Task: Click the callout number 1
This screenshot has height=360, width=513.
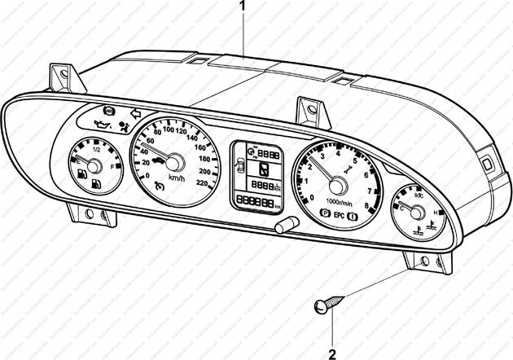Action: pos(242,6)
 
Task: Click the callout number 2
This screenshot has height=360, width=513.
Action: pos(332,353)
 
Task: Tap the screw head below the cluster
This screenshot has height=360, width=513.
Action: pos(321,306)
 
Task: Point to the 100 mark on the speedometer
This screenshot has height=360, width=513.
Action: pos(169,130)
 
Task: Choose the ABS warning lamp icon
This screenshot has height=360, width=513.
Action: pos(108,110)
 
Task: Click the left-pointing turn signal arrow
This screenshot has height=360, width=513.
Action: pos(135,115)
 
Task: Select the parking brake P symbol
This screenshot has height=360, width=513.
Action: pos(326,218)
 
